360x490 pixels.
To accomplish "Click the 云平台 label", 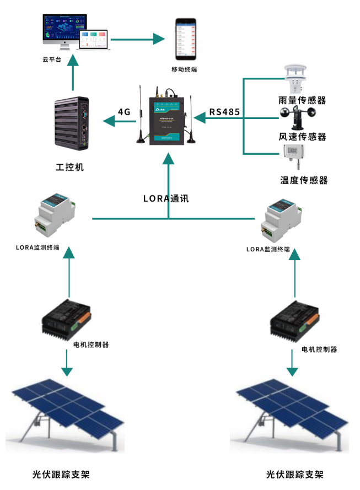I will [x=52, y=60].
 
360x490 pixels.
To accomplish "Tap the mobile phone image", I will [x=186, y=40].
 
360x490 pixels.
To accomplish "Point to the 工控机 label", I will [x=70, y=166].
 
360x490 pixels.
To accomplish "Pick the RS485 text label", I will [x=224, y=112].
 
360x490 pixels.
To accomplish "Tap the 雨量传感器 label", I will [x=302, y=100].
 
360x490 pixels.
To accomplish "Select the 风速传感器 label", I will [x=303, y=137].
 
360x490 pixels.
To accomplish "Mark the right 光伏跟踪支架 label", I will [x=295, y=474].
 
